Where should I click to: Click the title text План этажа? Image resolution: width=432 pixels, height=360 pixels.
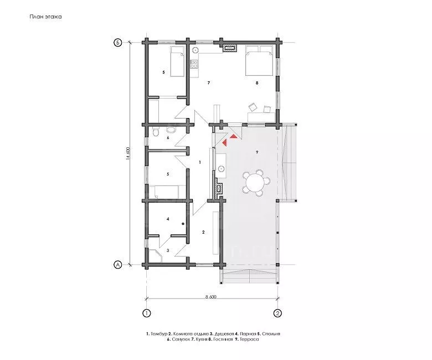[x=46, y=17]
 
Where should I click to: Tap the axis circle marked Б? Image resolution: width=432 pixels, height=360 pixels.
[x=117, y=43]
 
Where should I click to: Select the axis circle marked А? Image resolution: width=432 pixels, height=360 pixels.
[x=117, y=265]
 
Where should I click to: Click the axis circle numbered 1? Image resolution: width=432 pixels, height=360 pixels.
[x=147, y=313]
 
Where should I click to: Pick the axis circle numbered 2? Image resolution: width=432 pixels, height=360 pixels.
[x=277, y=313]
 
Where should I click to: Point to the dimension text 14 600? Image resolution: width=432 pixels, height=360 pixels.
[x=127, y=154]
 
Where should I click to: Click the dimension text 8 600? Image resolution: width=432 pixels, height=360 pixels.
[x=211, y=297]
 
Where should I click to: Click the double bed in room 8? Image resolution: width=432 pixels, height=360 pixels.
[x=260, y=60]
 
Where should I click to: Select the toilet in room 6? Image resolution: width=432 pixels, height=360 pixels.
[x=156, y=132]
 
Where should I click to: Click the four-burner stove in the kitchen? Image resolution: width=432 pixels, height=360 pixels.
[x=194, y=64]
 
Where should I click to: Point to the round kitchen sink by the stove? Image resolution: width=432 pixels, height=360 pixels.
[x=195, y=50]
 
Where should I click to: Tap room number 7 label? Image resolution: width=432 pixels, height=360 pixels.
[x=209, y=83]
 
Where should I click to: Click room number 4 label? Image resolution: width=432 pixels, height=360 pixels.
[x=168, y=219]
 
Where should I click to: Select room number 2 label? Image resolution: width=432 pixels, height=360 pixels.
[x=203, y=232]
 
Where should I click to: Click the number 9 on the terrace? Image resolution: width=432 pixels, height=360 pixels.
[x=257, y=152]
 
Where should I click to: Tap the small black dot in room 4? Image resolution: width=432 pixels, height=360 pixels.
[x=183, y=224]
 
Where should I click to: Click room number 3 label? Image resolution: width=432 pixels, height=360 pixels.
[x=168, y=251]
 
